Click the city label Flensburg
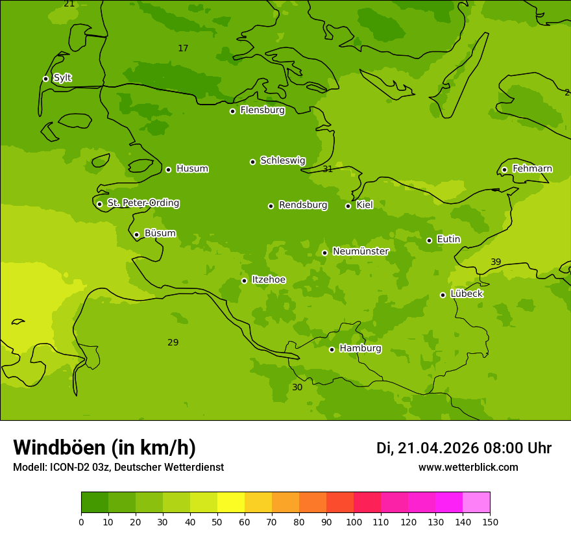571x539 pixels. (x=262, y=110)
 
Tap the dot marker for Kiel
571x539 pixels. (x=348, y=206)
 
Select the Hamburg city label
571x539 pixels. (x=360, y=349)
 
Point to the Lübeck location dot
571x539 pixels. (x=443, y=295)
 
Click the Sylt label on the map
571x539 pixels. (x=62, y=78)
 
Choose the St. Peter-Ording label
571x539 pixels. (x=143, y=203)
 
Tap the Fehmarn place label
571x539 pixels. (x=532, y=169)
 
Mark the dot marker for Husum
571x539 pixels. (x=168, y=169)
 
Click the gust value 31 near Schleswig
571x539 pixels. (x=328, y=169)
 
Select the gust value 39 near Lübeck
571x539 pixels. (x=496, y=262)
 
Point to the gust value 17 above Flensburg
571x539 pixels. (x=183, y=49)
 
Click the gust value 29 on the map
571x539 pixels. (x=173, y=343)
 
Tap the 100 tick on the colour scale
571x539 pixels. (x=354, y=521)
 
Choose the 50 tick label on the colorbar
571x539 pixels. (x=217, y=521)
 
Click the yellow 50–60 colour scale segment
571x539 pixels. (x=231, y=503)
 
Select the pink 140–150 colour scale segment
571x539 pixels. (x=476, y=503)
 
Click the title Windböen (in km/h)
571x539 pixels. (x=104, y=447)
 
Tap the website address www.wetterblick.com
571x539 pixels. (x=468, y=468)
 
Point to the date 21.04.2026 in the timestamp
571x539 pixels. (x=438, y=448)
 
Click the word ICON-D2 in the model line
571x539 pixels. (x=68, y=468)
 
